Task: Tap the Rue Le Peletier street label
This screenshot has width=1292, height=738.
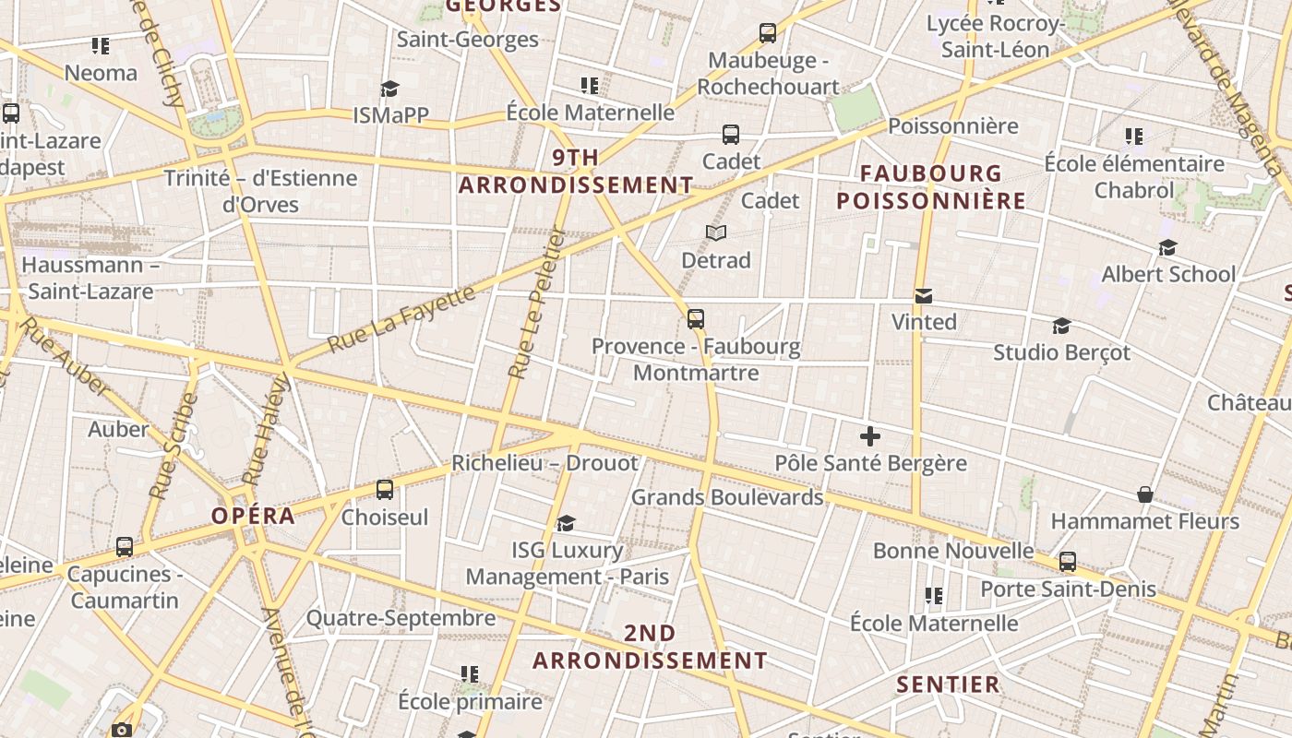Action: click(536, 304)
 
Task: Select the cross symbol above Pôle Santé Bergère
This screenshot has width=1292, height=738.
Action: click(869, 436)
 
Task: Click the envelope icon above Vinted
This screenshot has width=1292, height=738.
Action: click(923, 296)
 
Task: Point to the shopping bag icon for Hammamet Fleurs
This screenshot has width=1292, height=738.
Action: click(1145, 495)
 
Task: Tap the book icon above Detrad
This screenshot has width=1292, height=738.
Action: click(716, 233)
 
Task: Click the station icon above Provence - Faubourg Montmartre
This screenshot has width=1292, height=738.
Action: click(696, 319)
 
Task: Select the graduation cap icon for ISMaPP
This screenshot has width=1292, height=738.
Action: click(389, 89)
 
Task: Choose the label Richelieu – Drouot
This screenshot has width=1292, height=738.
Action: click(544, 463)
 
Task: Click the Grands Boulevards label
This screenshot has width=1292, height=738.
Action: click(727, 497)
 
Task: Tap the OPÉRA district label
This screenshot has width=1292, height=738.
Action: click(254, 516)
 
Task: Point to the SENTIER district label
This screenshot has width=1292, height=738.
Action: click(949, 684)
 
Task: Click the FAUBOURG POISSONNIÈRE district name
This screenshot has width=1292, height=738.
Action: click(931, 186)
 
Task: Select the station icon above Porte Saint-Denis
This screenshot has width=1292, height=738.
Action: click(1068, 561)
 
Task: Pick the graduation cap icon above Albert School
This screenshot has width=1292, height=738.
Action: click(1167, 248)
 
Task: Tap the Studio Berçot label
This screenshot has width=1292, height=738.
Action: click(1061, 352)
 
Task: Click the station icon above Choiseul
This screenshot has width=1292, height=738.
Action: click(385, 490)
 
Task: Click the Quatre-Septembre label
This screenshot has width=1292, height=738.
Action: click(401, 618)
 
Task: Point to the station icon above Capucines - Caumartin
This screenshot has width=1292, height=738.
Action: click(125, 547)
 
